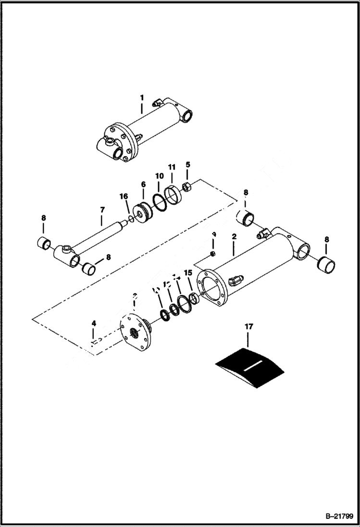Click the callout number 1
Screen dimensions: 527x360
(x=142, y=98)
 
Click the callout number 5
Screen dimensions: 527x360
(x=188, y=165)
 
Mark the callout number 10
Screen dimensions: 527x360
(x=159, y=176)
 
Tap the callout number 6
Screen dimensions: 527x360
(x=143, y=184)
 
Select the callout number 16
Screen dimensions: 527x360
(x=124, y=196)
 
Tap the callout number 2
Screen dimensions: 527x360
(x=234, y=237)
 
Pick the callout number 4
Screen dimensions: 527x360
(x=94, y=323)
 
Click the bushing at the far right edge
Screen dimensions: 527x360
(x=326, y=264)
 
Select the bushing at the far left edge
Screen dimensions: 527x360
(x=43, y=243)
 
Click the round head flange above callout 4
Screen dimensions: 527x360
(x=136, y=332)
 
